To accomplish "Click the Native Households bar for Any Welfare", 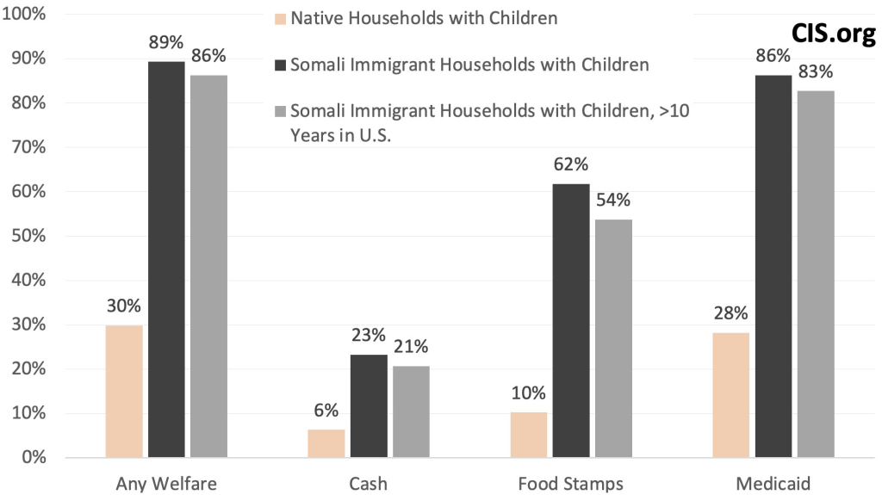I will pos(124,391).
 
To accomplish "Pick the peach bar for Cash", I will pos(326,442).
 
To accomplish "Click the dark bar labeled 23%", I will pos(369,405).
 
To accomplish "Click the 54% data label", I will pos(613,200).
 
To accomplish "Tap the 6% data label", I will pos(326,411).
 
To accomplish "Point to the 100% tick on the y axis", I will pos(29,15).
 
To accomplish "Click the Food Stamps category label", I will pos(570,483).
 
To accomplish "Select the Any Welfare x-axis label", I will pos(166,483).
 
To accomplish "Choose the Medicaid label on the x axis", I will pos(773,483).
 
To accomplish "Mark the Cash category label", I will pos(368,483).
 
